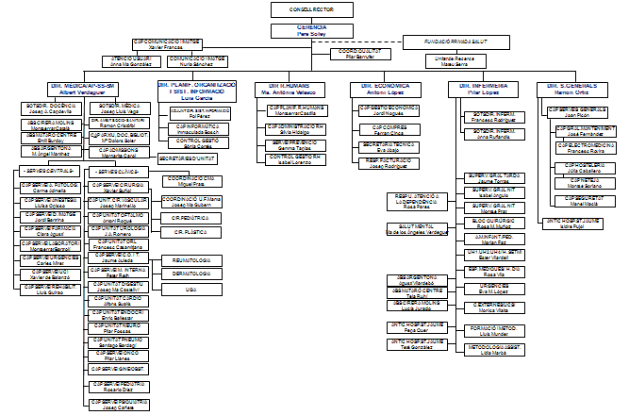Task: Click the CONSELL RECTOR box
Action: coord(311,9)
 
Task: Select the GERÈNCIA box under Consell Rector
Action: coord(311,29)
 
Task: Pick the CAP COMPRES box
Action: coord(382,129)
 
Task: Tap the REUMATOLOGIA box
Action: coord(192,258)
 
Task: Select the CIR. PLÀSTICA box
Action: coord(192,229)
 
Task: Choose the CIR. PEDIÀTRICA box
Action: coord(192,216)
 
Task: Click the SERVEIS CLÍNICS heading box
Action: coord(117,170)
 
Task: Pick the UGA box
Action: coord(192,289)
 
